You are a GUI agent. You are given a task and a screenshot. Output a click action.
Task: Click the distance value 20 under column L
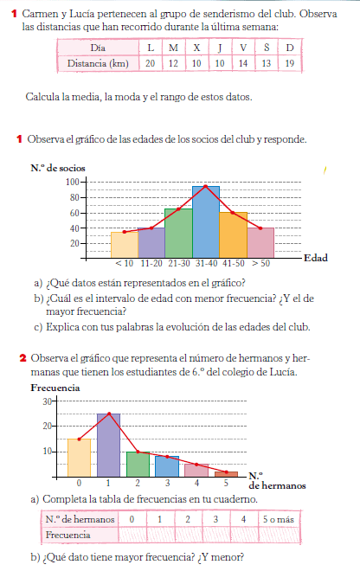click(151, 63)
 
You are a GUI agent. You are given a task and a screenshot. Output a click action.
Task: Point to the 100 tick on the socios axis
click(72, 182)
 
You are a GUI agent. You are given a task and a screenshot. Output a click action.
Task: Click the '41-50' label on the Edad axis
click(234, 263)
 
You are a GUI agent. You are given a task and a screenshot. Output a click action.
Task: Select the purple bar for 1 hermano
click(108, 445)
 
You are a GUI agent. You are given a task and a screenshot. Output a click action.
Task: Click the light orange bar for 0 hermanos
click(79, 457)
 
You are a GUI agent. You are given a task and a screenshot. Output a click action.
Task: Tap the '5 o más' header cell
click(280, 519)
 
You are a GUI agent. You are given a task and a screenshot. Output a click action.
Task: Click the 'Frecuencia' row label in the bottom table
click(68, 534)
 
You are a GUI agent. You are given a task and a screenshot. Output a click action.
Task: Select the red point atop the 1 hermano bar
click(108, 414)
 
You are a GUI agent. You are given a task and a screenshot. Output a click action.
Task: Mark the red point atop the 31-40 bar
click(205, 186)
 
